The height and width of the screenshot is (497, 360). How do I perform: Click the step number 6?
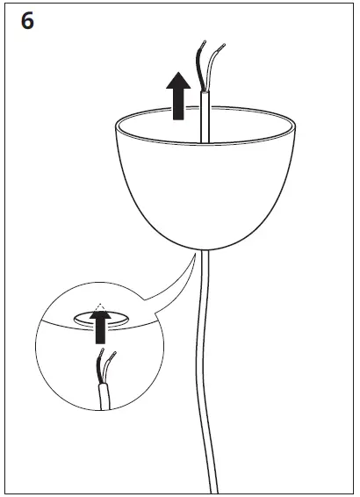click(27, 22)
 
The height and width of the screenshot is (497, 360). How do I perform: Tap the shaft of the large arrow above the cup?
click(178, 107)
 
